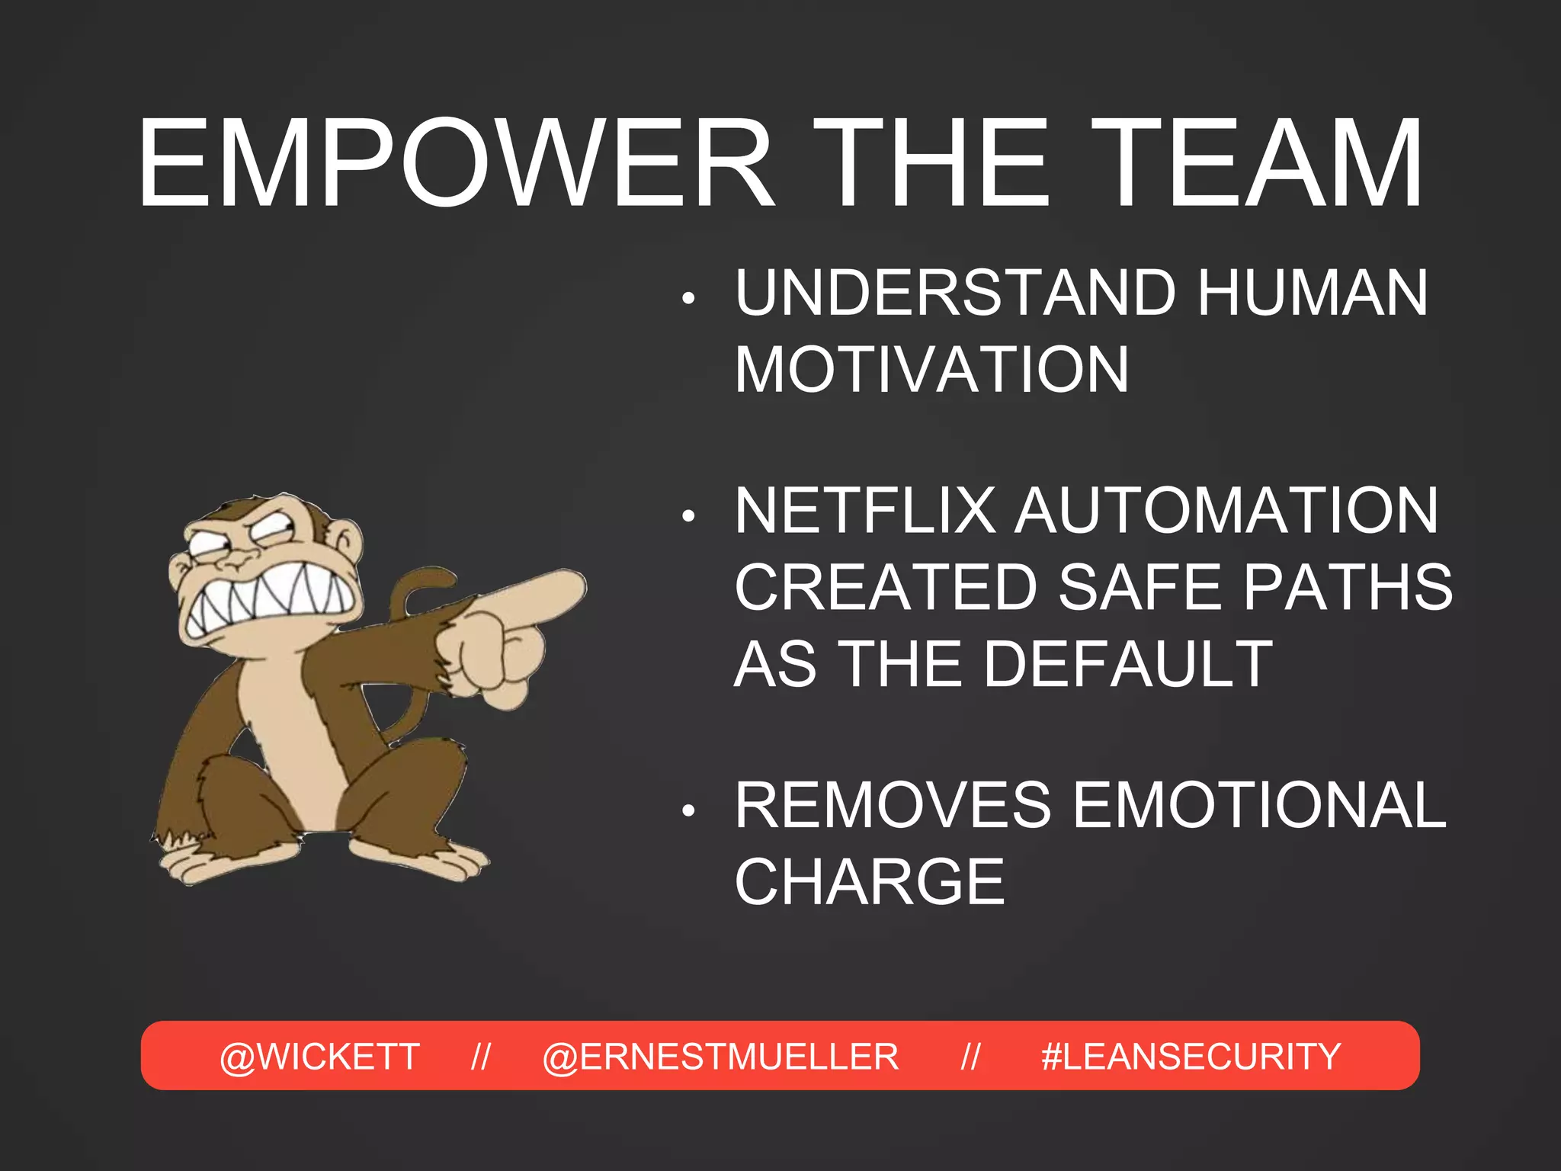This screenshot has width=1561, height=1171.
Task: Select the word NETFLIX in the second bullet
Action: pos(865,511)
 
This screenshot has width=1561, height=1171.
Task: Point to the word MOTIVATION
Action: pos(931,370)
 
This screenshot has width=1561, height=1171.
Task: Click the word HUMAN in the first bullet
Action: pos(1313,293)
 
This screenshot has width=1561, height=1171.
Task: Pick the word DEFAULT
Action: pos(1128,664)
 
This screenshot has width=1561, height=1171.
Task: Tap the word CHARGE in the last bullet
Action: pos(870,882)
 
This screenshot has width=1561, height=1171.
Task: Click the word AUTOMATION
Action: pos(1227,511)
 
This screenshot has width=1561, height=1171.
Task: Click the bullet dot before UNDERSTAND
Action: pos(688,298)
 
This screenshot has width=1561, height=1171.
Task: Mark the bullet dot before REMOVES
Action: pos(688,811)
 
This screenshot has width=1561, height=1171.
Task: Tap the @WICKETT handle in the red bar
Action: pos(319,1057)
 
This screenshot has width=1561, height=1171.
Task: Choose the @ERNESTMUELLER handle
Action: pos(720,1057)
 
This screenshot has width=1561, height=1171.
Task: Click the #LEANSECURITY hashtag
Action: pos(1191,1057)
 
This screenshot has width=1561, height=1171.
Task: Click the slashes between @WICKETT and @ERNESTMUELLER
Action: pos(480,1057)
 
